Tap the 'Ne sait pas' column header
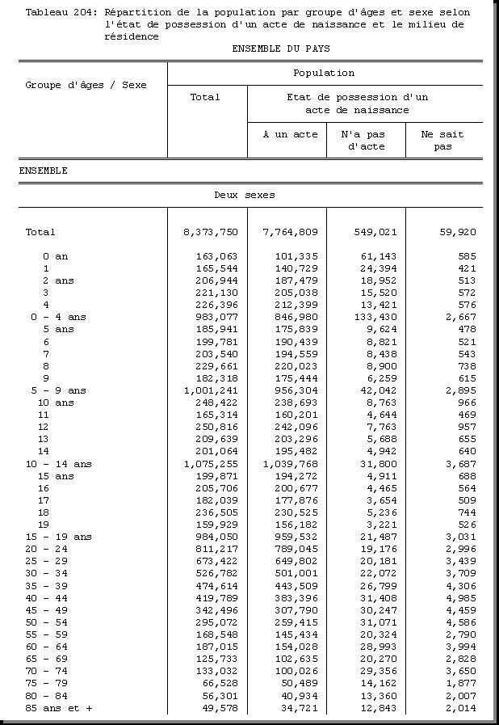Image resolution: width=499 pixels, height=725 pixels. pos(442,141)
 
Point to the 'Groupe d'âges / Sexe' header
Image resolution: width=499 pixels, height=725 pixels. pos(86,85)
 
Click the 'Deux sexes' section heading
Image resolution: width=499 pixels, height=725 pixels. pos(244,195)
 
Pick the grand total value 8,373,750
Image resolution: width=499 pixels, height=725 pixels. pos(211,232)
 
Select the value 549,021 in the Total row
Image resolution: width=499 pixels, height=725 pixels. pos(375,232)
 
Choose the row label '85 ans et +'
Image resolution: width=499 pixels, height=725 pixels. pos(58,709)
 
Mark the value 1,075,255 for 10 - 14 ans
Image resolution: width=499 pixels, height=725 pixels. pos(211,465)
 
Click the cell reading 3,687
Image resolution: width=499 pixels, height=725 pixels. pos(460,465)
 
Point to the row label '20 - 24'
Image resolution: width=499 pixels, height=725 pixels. pos(46,550)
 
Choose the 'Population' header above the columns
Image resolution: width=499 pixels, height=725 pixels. pos(324,73)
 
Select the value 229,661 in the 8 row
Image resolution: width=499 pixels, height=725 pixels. pos(214,366)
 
